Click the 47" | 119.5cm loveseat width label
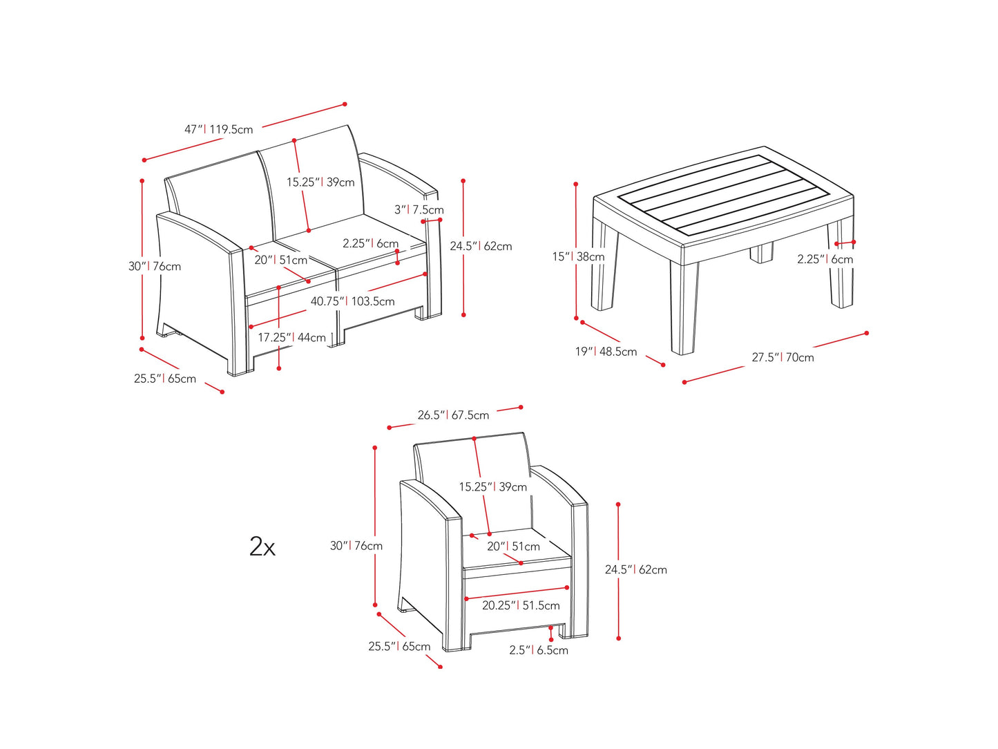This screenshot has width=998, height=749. [218, 129]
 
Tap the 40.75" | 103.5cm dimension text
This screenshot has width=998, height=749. [352, 301]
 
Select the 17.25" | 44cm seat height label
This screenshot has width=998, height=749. [291, 337]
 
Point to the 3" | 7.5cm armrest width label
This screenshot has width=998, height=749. [419, 209]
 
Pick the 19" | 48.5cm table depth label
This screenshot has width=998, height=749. [606, 352]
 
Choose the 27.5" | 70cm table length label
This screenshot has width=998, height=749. [783, 357]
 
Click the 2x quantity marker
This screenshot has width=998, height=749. [262, 547]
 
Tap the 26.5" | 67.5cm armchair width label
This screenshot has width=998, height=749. [453, 415]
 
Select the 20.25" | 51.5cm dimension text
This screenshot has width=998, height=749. [521, 605]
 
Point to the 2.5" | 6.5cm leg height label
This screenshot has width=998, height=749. [539, 650]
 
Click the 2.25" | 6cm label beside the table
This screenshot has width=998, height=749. [825, 259]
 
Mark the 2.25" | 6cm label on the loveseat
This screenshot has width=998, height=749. [370, 243]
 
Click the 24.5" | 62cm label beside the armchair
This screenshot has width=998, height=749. [635, 570]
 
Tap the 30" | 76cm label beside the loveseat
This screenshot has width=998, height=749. [155, 266]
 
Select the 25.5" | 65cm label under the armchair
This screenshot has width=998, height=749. [399, 647]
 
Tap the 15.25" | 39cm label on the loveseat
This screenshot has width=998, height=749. [320, 182]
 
